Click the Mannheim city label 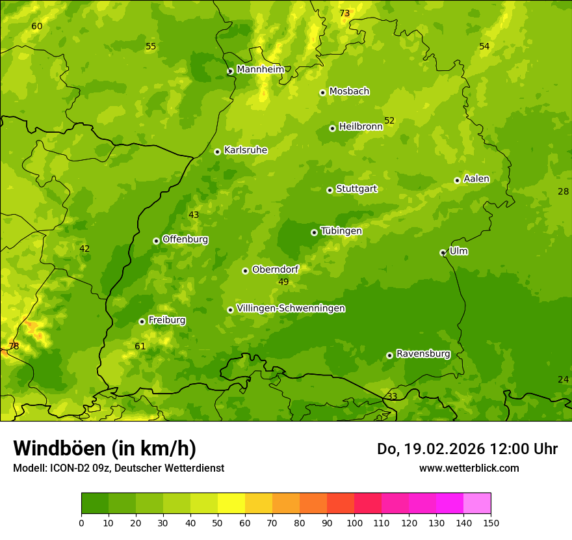pos(260,70)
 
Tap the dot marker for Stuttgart pos(330,190)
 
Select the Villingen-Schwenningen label pos(291,308)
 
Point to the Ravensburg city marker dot pos(389,355)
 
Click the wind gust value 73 pos(344,13)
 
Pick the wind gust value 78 pos(14,346)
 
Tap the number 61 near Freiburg pos(140,346)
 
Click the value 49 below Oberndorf pos(283,282)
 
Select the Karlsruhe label pos(246,150)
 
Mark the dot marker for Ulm pos(443,252)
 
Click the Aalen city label pos(476,179)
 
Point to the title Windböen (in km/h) pos(105,448)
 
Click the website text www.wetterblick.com pos(469,468)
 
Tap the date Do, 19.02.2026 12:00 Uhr pos(467,449)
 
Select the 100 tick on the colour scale pos(354,522)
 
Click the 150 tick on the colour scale pos(491,522)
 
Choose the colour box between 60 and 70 pos(259,504)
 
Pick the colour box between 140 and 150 pos(477,504)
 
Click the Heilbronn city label pos(361,127)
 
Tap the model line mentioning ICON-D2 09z pos(118,468)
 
